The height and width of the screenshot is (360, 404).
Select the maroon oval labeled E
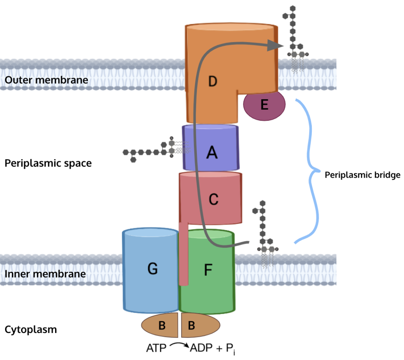(265, 104)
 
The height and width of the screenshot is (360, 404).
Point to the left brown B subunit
(161, 325)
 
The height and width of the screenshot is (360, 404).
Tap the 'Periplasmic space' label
(48, 163)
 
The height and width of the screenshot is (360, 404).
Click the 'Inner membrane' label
(45, 274)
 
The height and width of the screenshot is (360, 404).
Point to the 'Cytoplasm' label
(30, 330)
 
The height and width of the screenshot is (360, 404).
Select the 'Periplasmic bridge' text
(363, 175)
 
